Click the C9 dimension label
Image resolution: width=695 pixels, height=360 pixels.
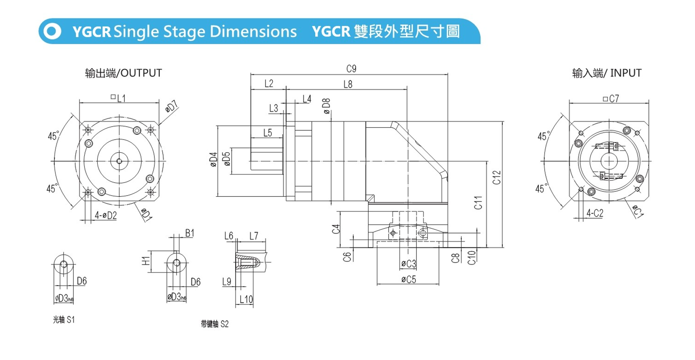coord(351,69)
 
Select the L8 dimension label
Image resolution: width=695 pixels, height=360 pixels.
coord(347,84)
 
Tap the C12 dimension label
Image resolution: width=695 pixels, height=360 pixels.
coord(497,177)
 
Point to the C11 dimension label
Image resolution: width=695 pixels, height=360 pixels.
coord(478,203)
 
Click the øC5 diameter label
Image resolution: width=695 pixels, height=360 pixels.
coord(408,279)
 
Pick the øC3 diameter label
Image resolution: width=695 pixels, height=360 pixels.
coord(408,264)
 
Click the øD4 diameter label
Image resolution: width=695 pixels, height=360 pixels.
coord(213,160)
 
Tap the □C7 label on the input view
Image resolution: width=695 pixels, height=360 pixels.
coord(611,98)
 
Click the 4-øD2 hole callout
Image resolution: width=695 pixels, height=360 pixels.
coord(105,215)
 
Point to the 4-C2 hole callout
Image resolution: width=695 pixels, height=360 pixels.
coord(595,213)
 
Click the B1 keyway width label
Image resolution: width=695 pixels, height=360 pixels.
coord(190,233)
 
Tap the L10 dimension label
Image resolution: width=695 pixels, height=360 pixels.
coord(246,299)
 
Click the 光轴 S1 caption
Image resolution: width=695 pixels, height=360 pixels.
coord(64,320)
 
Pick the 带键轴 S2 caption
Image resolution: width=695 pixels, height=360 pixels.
coord(215,324)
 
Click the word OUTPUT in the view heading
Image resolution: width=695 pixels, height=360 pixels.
coord(141,73)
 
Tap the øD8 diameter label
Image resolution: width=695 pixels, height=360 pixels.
coord(326,106)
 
